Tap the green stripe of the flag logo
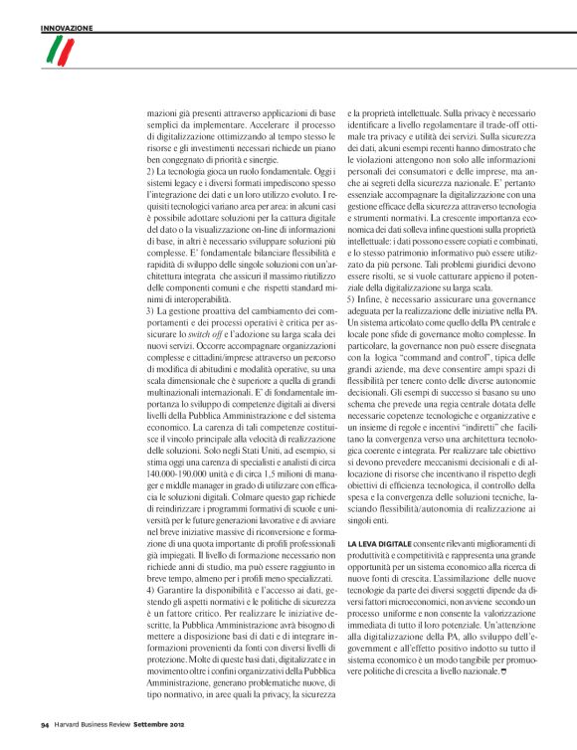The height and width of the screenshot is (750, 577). coord(50,52)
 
